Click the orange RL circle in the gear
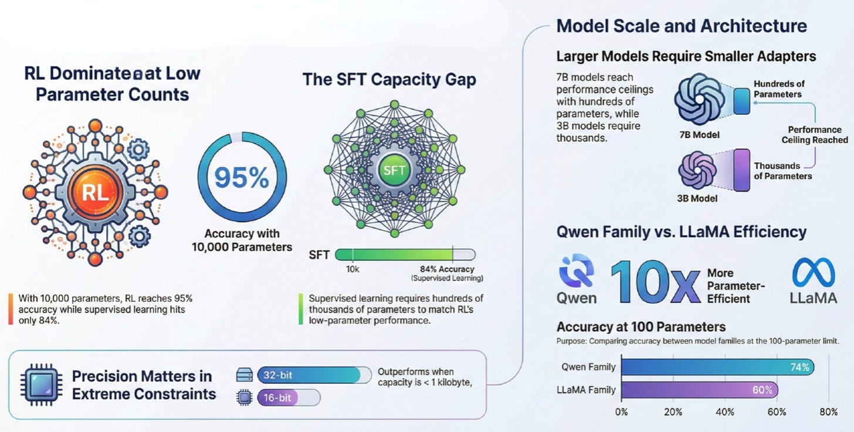point(95,192)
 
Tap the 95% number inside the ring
point(242,178)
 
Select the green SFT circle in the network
point(394,170)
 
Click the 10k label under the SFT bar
point(352,268)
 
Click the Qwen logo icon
point(575,271)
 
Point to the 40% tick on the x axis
point(725,412)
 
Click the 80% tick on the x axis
point(829,412)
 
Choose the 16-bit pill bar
point(289,398)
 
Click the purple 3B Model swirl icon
point(697,170)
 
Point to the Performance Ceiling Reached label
point(814,134)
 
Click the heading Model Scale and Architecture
point(681,26)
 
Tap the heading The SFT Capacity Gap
point(389,80)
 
